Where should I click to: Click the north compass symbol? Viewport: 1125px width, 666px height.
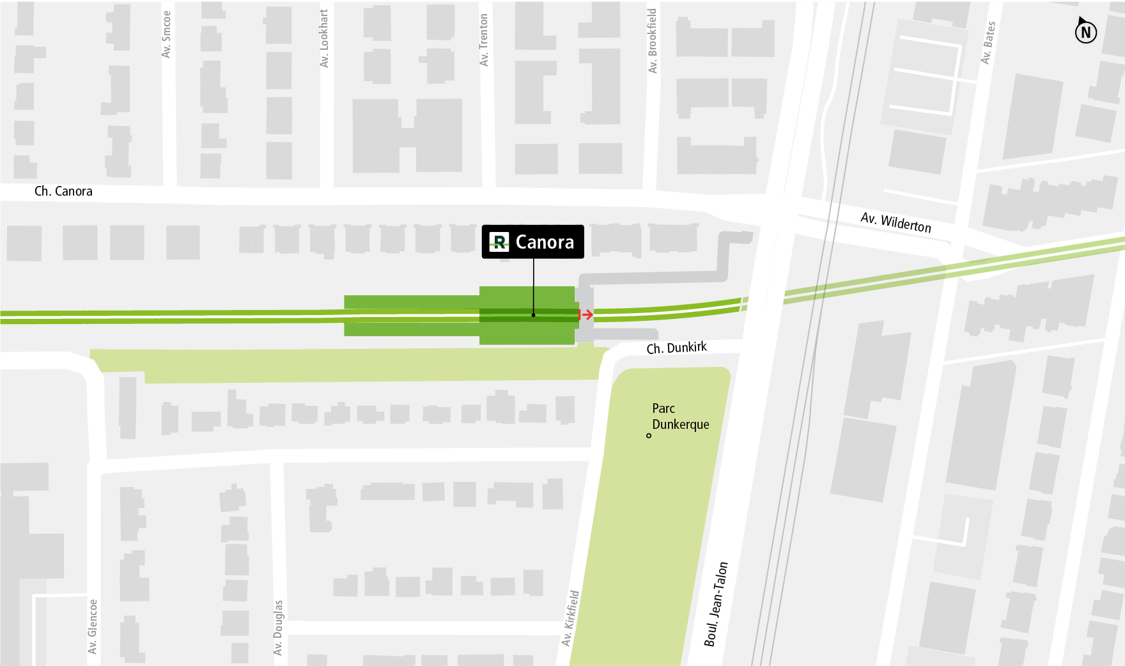(x=1085, y=31)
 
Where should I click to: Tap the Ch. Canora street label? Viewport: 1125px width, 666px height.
(x=63, y=191)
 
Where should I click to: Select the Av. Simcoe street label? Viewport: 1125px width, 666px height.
(x=166, y=35)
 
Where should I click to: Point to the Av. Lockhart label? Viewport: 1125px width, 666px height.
(x=324, y=38)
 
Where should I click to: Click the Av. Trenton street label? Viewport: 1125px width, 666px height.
(x=484, y=40)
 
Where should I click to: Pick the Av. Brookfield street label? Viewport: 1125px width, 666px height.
(x=653, y=41)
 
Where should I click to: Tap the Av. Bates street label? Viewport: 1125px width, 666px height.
(x=988, y=43)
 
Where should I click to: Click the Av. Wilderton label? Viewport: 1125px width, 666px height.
(x=896, y=222)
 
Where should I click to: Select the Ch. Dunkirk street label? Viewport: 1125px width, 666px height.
(x=676, y=348)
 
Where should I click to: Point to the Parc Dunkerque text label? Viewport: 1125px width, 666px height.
(x=680, y=416)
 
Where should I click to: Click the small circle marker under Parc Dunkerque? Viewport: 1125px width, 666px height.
(x=649, y=436)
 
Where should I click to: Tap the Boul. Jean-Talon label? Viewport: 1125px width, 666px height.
(x=716, y=604)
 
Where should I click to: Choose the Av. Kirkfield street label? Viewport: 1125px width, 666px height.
(x=570, y=618)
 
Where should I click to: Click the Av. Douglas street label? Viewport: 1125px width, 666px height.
(x=278, y=627)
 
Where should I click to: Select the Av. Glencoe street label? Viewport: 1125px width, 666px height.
(x=93, y=626)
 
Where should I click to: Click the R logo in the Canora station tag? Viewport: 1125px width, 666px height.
(x=499, y=242)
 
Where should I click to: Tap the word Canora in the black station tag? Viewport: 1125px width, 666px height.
(x=545, y=242)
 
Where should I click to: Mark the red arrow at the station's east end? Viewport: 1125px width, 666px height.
(x=586, y=314)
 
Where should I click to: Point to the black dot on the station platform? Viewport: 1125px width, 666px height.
(x=533, y=314)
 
